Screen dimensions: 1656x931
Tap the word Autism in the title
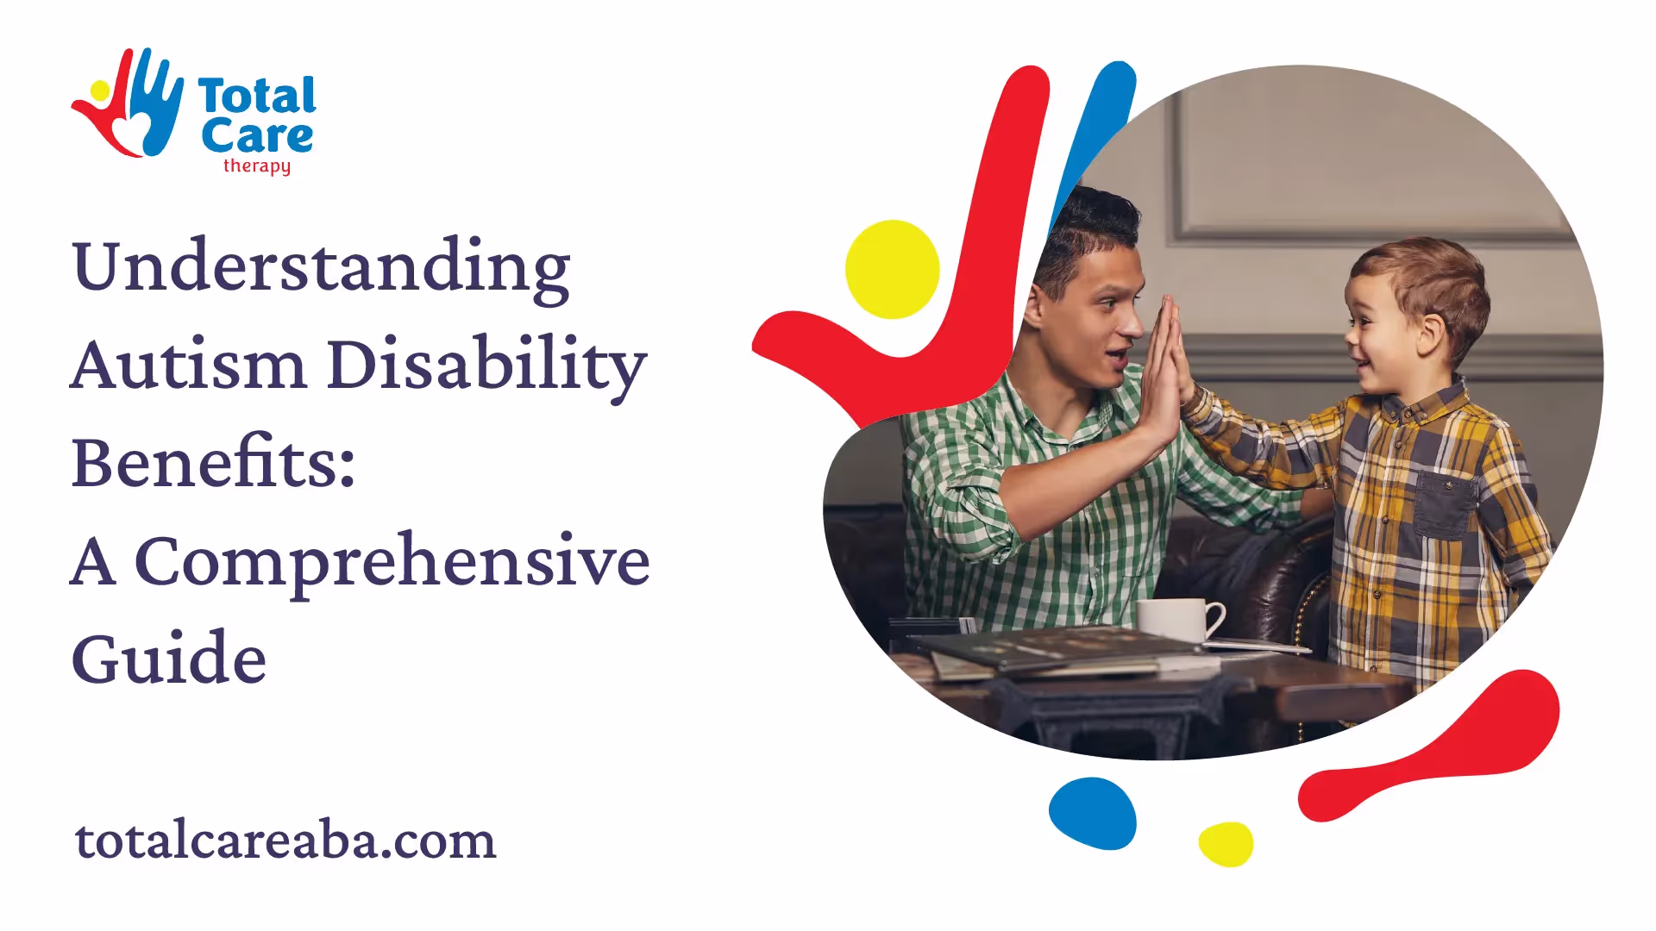pos(188,364)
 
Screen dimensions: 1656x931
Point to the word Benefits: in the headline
pos(213,462)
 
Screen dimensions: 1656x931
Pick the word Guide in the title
pos(169,658)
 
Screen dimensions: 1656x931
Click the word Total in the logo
pos(257,96)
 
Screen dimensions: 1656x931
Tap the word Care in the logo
pos(257,136)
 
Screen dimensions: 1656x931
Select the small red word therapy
pos(257,166)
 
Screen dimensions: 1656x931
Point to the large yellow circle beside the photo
pos(893,269)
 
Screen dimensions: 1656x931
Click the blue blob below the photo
pos(1093,814)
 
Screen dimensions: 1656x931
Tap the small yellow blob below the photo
pos(1226,844)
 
